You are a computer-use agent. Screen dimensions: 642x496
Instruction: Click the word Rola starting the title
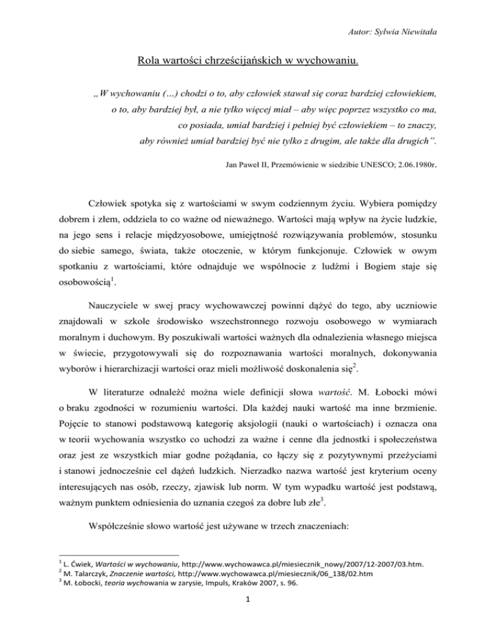(x=149, y=63)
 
